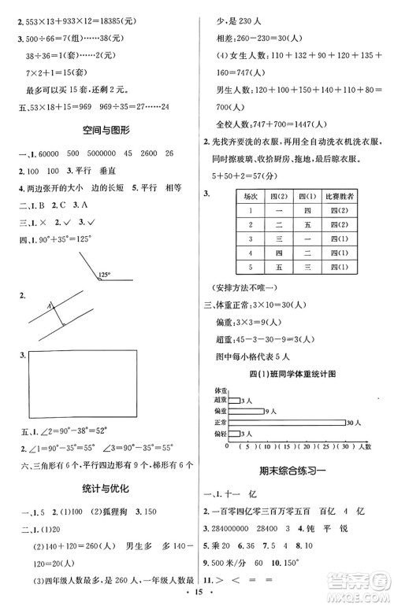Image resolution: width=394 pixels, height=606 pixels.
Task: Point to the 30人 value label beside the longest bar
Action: pos(352,423)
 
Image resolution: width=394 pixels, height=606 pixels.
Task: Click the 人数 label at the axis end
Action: pos(370,446)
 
